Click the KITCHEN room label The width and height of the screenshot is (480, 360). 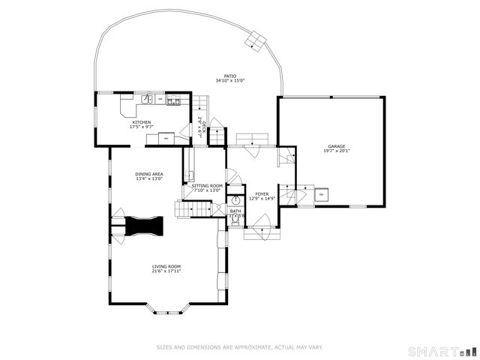pyautogui.click(x=142, y=122)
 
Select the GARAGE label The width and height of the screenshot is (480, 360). pyautogui.click(x=336, y=146)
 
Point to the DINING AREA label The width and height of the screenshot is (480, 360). pyautogui.click(x=149, y=174)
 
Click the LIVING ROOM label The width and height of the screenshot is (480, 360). pyautogui.click(x=166, y=266)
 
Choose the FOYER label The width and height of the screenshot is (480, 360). pyautogui.click(x=261, y=193)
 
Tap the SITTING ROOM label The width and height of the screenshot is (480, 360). pyautogui.click(x=208, y=185)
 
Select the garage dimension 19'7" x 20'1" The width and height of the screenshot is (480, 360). pyautogui.click(x=336, y=151)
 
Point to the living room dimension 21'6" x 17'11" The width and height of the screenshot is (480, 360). pyautogui.click(x=166, y=271)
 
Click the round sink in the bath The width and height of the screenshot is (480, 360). pyautogui.click(x=235, y=200)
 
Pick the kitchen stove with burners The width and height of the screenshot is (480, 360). pyautogui.click(x=173, y=100)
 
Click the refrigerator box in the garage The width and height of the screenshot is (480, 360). pyautogui.click(x=322, y=194)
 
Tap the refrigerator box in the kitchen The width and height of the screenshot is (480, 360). pyautogui.click(x=166, y=137)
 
